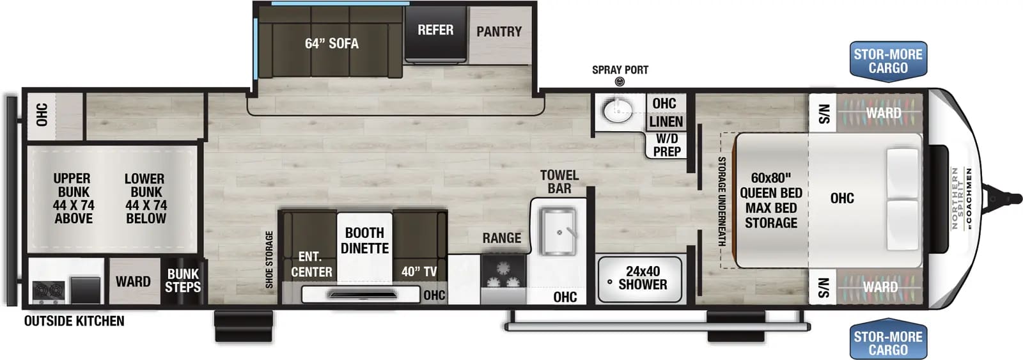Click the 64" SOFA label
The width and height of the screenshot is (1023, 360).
(x=331, y=43)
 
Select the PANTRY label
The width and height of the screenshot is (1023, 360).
(x=499, y=31)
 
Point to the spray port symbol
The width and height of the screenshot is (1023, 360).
(x=620, y=82)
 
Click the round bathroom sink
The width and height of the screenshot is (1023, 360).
(x=617, y=111)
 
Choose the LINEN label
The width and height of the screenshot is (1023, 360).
(x=666, y=121)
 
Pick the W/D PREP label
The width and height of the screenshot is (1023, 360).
(x=667, y=145)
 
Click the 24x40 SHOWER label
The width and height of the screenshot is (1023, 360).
(x=643, y=278)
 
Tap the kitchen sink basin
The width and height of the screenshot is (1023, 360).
(x=558, y=231)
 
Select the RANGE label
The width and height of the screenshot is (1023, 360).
(x=501, y=238)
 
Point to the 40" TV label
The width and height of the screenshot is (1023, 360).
(x=419, y=272)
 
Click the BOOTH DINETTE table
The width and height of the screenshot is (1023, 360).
(x=364, y=246)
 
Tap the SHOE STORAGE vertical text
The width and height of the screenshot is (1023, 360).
(x=269, y=259)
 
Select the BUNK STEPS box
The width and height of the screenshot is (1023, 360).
(x=183, y=281)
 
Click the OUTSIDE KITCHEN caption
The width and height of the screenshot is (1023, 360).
(x=74, y=321)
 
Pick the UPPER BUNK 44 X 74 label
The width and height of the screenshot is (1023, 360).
(x=73, y=198)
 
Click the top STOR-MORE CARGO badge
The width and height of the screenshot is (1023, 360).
(x=888, y=61)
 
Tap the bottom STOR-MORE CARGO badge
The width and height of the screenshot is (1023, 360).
(x=888, y=343)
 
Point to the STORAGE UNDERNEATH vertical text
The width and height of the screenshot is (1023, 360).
(x=722, y=201)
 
